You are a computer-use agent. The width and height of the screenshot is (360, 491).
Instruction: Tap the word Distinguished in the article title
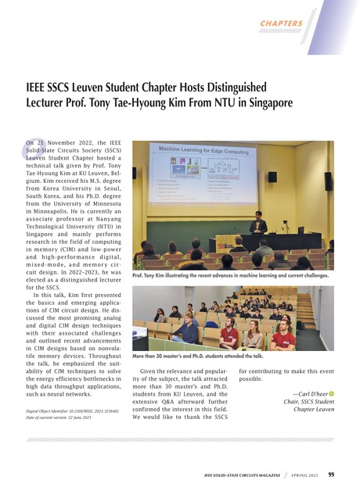(x=236, y=86)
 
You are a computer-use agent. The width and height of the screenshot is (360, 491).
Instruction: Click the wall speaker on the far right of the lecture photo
(x=327, y=181)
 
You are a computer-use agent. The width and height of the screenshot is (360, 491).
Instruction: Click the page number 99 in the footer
(x=332, y=474)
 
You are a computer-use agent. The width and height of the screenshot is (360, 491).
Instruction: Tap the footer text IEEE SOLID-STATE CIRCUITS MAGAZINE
(x=236, y=475)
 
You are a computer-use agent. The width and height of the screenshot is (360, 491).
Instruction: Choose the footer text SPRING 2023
(x=301, y=475)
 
